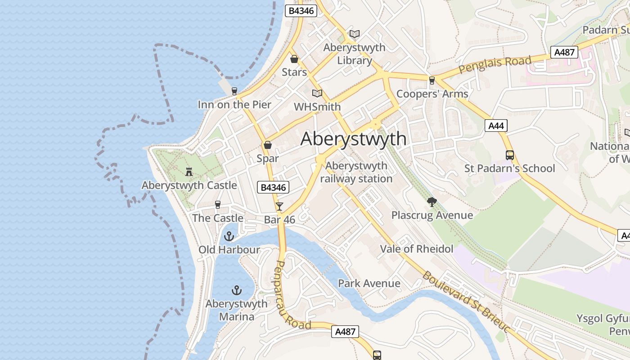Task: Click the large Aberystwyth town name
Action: tap(353, 139)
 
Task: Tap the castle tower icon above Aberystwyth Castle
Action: tap(189, 171)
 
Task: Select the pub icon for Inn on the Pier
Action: tap(234, 91)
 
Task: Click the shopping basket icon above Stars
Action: tap(294, 59)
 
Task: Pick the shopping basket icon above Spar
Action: tap(268, 145)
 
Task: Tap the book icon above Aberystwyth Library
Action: tap(355, 34)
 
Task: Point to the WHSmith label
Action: tap(317, 107)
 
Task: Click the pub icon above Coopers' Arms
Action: tap(432, 80)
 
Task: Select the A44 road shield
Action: tap(496, 126)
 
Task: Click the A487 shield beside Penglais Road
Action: tap(564, 52)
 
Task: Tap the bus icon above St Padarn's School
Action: tap(510, 155)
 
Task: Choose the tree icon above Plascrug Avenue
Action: tap(432, 202)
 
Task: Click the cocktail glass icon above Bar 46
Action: tap(279, 207)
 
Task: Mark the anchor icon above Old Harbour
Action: tap(229, 236)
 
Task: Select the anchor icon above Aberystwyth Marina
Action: tap(236, 290)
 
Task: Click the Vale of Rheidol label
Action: tap(417, 249)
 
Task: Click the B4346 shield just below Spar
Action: tap(273, 187)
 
